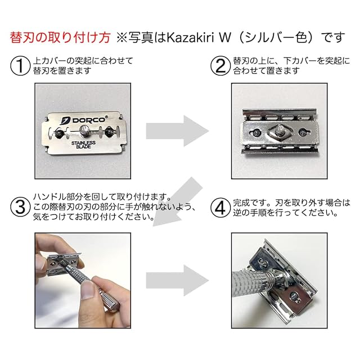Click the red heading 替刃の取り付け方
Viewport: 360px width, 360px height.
(60, 38)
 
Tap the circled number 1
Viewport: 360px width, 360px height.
(20, 66)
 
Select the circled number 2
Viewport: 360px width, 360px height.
(220, 66)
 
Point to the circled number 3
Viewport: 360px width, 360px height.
(20, 207)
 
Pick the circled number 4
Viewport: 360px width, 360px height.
(220, 208)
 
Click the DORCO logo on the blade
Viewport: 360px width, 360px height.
(83, 120)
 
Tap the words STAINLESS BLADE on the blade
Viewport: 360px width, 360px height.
(83, 145)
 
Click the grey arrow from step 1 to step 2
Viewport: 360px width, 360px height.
(177, 131)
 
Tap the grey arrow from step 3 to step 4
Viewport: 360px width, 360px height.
(177, 280)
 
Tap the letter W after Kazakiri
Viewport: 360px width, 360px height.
(225, 38)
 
